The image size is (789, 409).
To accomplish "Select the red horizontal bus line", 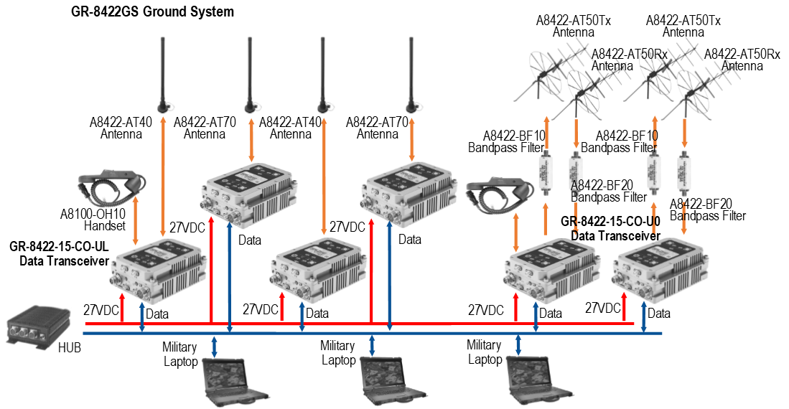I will click(431, 324).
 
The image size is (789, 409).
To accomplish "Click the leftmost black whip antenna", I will click(164, 72).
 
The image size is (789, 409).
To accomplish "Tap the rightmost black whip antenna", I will click(411, 72).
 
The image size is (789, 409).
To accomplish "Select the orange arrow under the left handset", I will click(135, 221).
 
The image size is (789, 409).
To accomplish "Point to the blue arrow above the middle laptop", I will click(372, 345).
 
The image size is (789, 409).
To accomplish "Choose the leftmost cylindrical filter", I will click(546, 173).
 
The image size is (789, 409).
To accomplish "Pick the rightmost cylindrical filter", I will click(683, 173).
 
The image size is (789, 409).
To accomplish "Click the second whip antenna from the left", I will click(250, 72).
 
